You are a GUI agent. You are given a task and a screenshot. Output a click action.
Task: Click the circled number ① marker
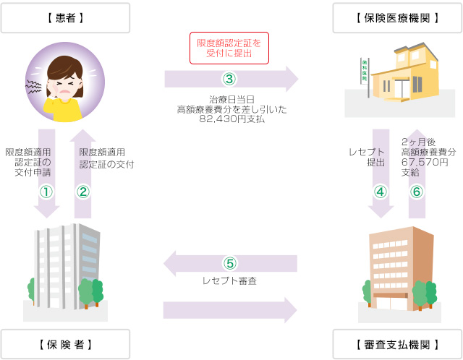tap(46, 192)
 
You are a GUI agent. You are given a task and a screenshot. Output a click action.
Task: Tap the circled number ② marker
tap(82, 192)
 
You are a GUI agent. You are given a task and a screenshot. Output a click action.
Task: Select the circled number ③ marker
tap(229, 78)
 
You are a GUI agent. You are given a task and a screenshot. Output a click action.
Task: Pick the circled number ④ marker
tap(381, 192)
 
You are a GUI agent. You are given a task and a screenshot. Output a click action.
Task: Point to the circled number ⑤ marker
tap(230, 263)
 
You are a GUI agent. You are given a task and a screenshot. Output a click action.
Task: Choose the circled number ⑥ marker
tap(416, 192)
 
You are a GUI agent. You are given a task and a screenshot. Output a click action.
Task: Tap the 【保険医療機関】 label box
tap(397, 17)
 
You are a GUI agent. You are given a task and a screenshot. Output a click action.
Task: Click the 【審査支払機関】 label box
tap(397, 343)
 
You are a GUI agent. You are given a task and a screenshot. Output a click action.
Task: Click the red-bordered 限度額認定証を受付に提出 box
tap(229, 48)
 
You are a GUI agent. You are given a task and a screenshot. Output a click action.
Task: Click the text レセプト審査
tap(230, 280)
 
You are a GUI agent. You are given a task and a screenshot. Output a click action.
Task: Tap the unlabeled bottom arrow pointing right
tap(230, 309)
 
